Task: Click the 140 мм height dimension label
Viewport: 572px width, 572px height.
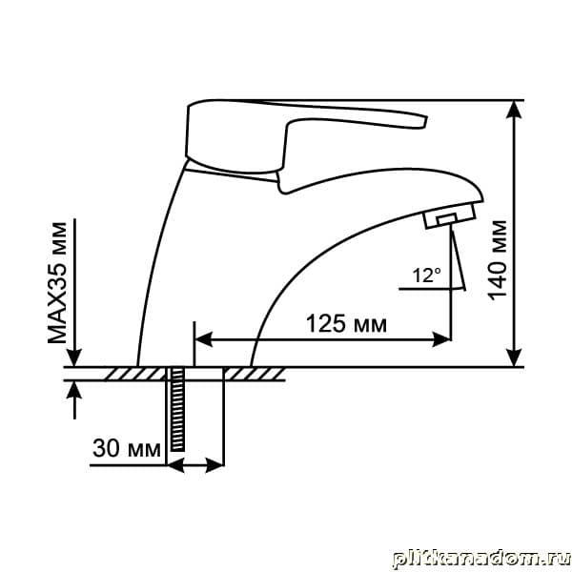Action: pyautogui.click(x=499, y=260)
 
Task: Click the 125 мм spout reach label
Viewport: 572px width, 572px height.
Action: pyautogui.click(x=346, y=323)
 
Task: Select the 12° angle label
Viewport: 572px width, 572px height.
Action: pyautogui.click(x=426, y=276)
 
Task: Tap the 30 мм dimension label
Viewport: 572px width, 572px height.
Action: pyautogui.click(x=127, y=448)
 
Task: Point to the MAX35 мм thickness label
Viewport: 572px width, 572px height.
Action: pyautogui.click(x=57, y=283)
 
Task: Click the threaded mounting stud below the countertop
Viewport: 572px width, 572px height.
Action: pyautogui.click(x=177, y=409)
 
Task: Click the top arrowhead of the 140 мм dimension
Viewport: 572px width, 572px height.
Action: pyautogui.click(x=514, y=109)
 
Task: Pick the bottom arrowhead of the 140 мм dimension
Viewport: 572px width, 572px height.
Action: pyautogui.click(x=514, y=357)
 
